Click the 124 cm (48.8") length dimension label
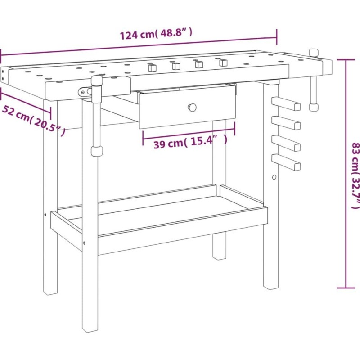pos(156,34)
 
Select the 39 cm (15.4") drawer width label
pos(190,143)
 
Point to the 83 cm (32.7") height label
pos(355,175)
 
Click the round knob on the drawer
pos(192,107)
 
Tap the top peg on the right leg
pos(286,104)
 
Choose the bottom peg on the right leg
pos(286,162)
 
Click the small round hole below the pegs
pos(274,177)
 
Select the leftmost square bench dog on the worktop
pos(152,68)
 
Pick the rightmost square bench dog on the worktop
pos(223,63)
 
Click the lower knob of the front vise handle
pos(97,151)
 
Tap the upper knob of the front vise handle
pos(97,81)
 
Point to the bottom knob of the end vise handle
pos(314,107)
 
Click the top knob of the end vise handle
pos(314,53)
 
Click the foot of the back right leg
pos(219,256)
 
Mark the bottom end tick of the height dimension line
pos(346,288)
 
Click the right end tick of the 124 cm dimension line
pos(277,37)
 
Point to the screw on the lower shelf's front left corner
pos(84,243)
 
